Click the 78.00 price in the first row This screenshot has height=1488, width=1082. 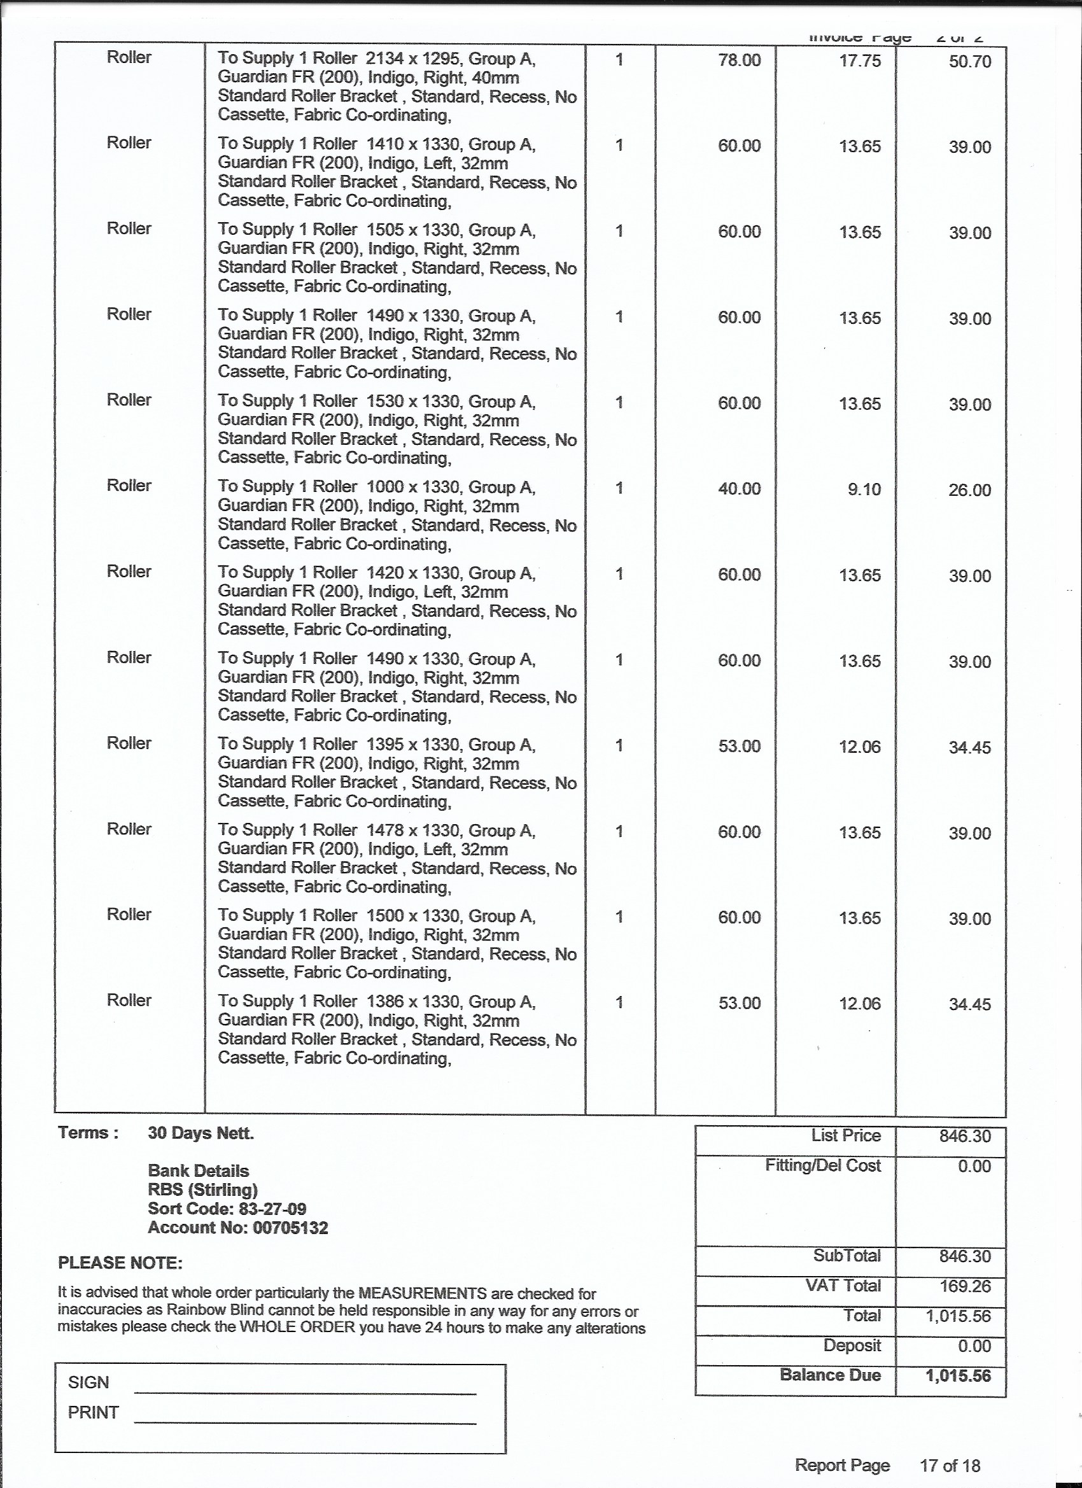[x=739, y=61]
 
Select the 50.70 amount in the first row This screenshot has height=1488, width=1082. [x=970, y=62]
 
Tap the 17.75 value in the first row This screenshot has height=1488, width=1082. [x=860, y=61]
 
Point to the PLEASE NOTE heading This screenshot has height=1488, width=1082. [x=120, y=1263]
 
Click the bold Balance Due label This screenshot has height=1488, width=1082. [x=830, y=1375]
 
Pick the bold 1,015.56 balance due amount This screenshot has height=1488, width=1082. [x=958, y=1376]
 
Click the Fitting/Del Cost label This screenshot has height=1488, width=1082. [x=823, y=1165]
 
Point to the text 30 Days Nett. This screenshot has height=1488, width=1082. [x=200, y=1133]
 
